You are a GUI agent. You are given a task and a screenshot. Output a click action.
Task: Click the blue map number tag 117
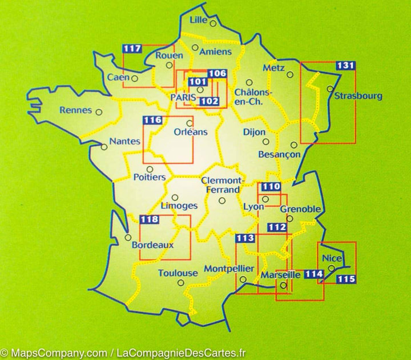[132, 49]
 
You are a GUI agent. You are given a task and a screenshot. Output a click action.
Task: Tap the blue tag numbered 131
[345, 66]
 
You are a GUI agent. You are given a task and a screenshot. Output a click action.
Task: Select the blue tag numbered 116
[153, 120]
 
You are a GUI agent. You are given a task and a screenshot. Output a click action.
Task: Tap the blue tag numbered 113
[245, 238]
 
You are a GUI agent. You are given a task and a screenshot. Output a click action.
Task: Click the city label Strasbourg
[358, 96]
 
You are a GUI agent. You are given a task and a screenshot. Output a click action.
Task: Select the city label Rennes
[75, 110]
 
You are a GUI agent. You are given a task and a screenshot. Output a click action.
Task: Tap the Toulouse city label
[178, 273]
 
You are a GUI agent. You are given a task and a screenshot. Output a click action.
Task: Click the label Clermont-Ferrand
[223, 185]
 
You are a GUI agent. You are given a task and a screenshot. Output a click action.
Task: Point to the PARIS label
[183, 98]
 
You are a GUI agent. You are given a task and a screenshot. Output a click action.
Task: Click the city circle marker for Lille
[212, 23]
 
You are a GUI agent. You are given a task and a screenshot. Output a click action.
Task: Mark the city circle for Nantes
[103, 146]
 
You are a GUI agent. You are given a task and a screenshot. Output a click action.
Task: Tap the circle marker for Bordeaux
[128, 237]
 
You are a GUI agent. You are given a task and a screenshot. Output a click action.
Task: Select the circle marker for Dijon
[265, 142]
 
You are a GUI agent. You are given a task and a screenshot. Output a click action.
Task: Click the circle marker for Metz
[290, 74]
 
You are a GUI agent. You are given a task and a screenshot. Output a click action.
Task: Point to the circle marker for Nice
[331, 268]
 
